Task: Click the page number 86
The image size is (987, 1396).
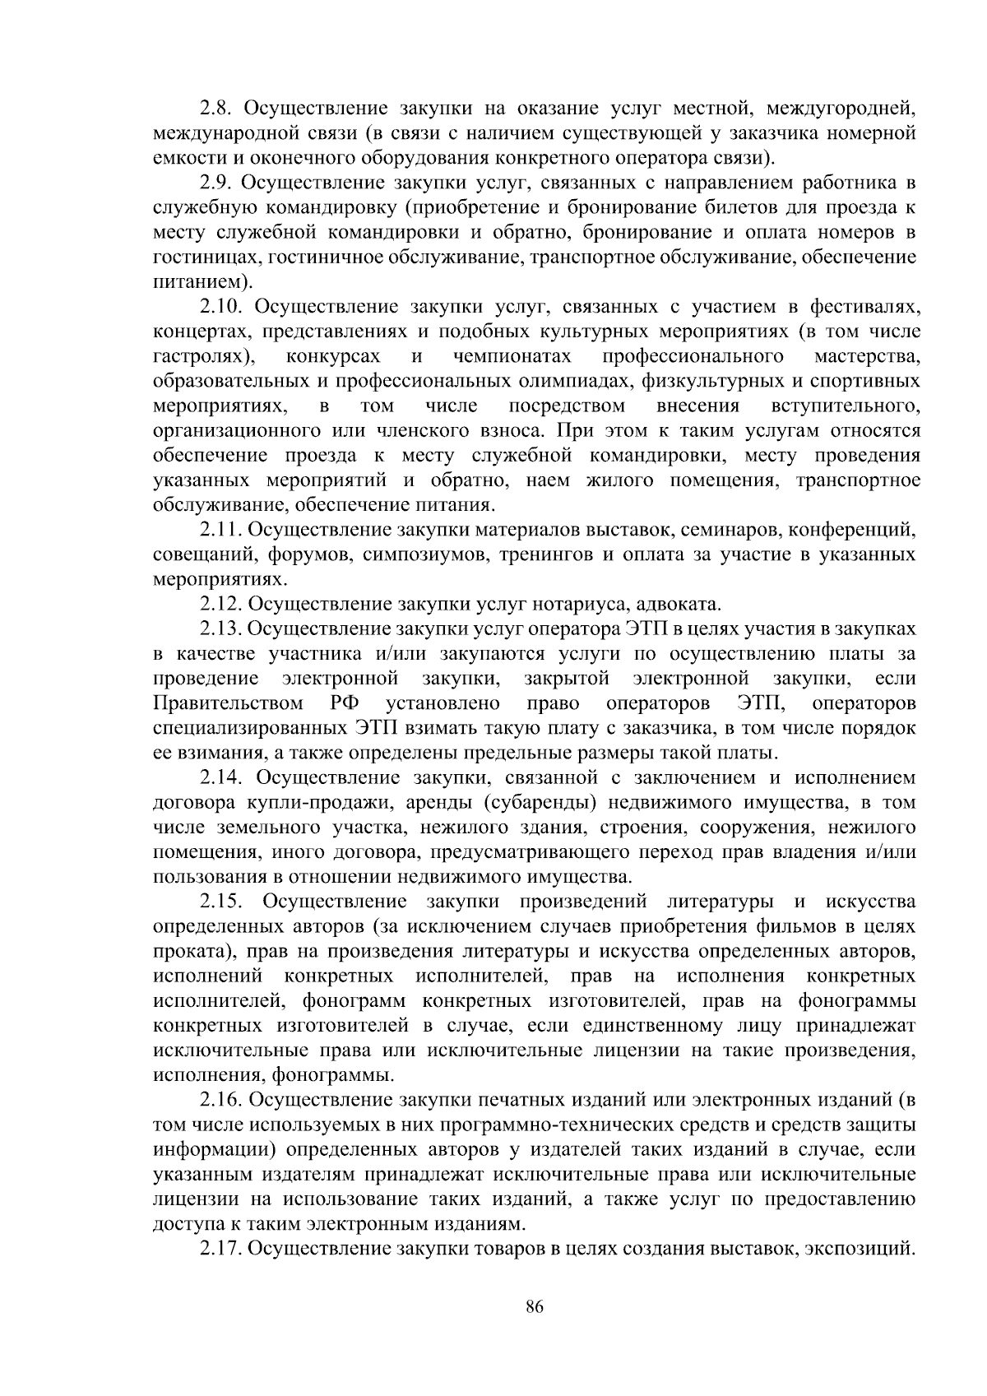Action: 535,1308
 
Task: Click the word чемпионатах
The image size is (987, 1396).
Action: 512,357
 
